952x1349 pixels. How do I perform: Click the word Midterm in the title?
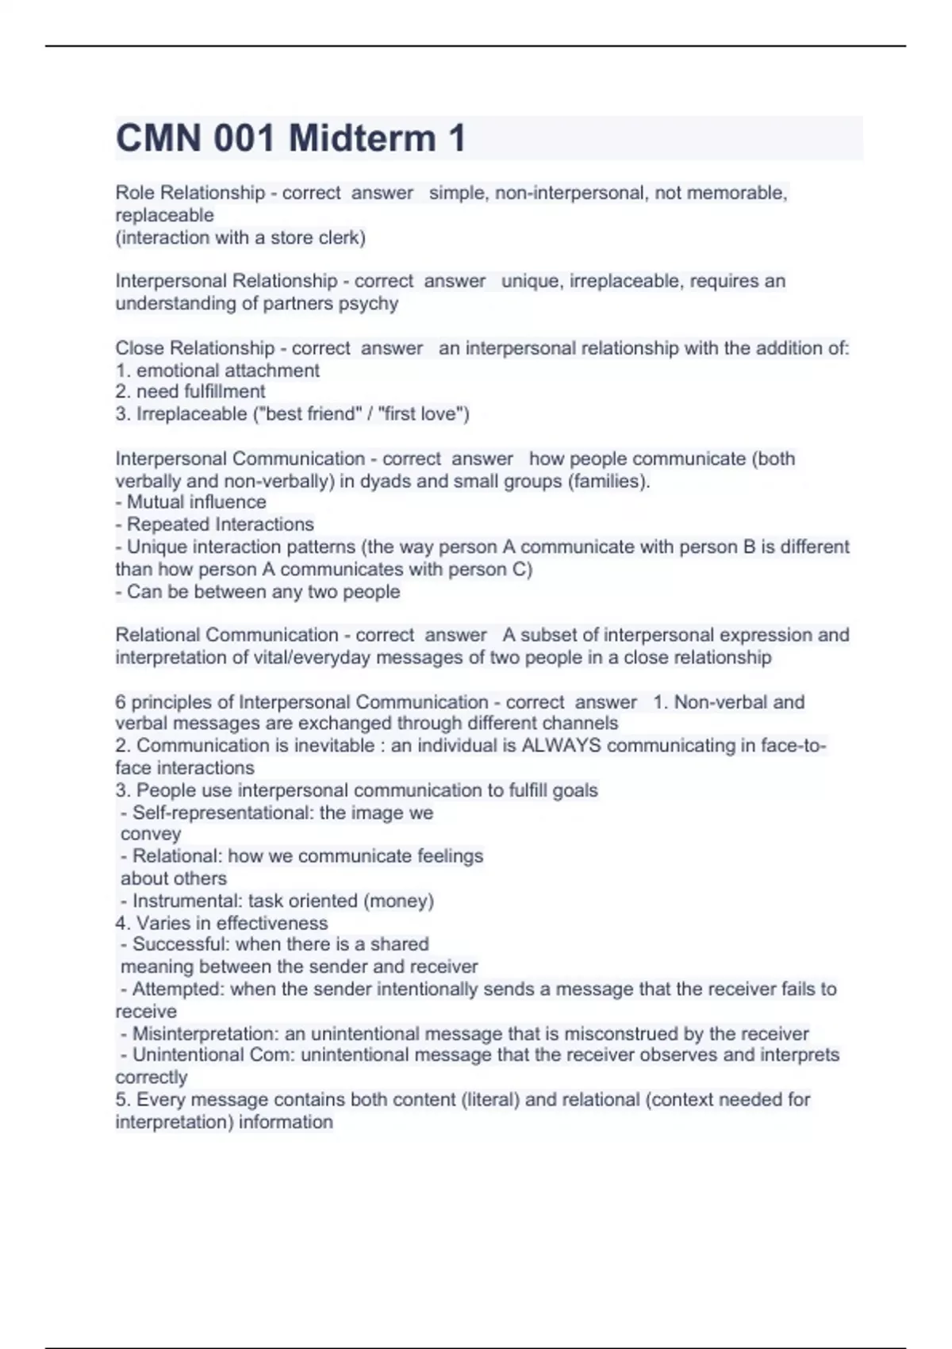[362, 138]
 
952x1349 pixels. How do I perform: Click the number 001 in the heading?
[244, 138]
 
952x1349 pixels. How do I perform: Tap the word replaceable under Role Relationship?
[164, 215]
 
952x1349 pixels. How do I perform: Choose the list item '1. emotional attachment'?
[217, 370]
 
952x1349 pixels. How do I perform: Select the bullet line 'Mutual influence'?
[191, 502]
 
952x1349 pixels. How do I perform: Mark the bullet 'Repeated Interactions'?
[215, 524]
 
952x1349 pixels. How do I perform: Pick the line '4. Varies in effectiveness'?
[221, 923]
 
